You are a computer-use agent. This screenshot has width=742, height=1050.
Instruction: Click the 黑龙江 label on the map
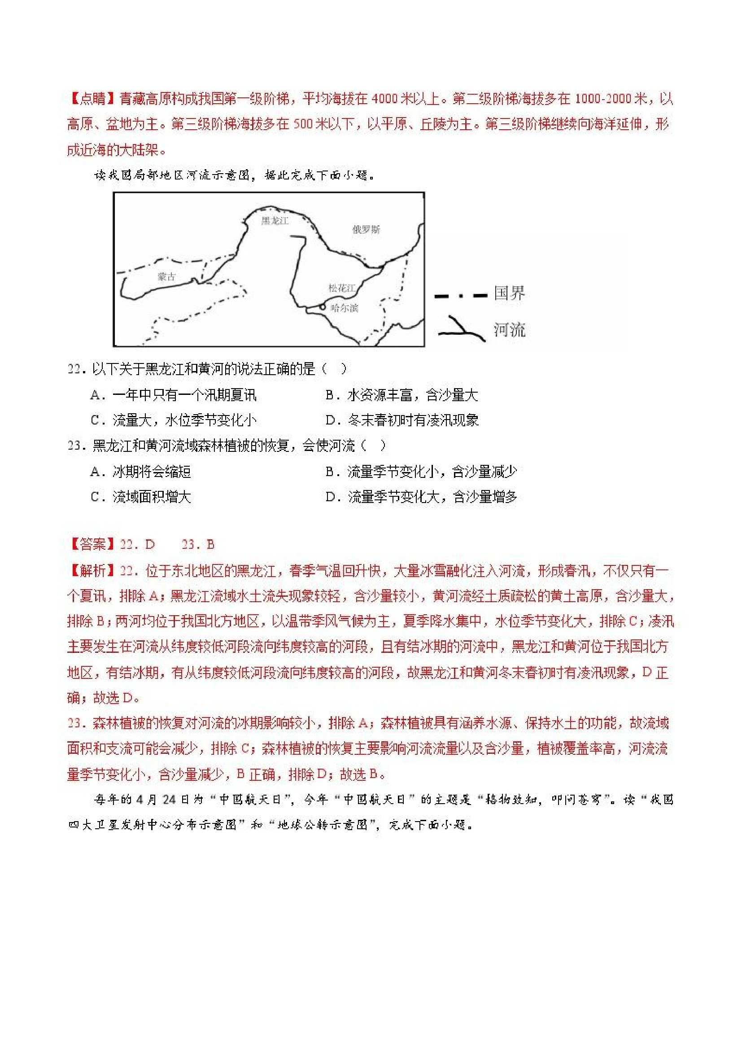275,221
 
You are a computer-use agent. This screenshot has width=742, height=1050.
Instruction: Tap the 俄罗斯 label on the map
366,230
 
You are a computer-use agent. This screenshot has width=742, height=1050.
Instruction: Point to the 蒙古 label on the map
166,277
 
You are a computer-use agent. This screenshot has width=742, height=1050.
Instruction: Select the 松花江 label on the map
341,288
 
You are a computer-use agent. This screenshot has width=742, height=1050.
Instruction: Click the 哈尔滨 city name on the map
344,308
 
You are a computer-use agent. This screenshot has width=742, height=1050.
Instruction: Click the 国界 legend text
509,293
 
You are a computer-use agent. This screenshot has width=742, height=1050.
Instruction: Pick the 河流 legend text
509,330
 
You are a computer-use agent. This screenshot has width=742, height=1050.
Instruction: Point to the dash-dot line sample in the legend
460,296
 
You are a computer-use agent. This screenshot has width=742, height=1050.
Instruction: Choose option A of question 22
174,395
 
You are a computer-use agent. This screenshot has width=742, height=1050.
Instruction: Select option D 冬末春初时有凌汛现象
402,420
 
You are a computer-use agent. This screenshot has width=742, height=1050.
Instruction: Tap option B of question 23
421,472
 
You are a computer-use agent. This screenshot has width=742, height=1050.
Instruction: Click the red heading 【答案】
93,544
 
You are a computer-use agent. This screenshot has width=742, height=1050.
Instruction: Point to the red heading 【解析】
93,571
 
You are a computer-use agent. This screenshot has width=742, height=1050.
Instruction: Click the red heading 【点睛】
93,98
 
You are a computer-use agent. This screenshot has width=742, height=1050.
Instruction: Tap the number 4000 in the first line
384,99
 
